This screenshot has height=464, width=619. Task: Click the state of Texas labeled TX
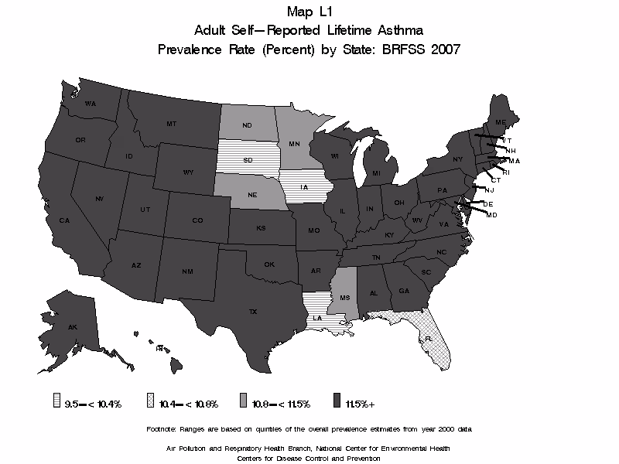pos(252,311)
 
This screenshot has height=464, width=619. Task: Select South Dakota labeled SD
pos(248,161)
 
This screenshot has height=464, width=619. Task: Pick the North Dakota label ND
pos(248,127)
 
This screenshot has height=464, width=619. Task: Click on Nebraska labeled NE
pos(252,196)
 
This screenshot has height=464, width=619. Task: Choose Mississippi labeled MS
pos(344,298)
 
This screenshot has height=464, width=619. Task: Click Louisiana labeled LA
pos(316,317)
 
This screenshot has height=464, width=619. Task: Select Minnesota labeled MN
pos(294,144)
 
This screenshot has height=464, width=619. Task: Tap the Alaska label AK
pos(72,328)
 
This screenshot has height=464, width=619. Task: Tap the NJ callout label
pos(489,190)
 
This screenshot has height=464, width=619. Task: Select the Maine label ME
pos(501,122)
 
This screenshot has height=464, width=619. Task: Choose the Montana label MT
pos(172,124)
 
